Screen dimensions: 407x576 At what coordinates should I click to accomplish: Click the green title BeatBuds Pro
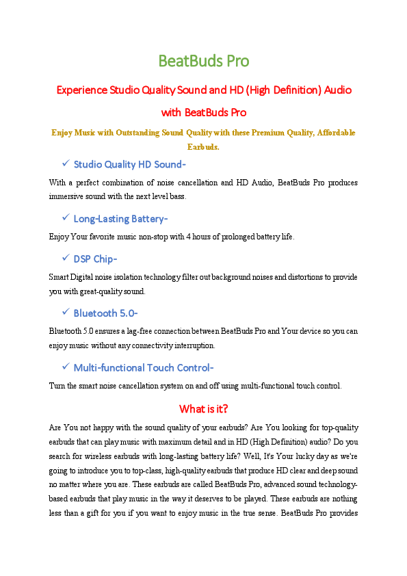coord(203,61)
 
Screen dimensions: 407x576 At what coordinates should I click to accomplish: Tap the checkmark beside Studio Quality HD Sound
coord(66,163)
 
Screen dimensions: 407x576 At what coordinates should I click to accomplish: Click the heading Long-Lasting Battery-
coord(120,218)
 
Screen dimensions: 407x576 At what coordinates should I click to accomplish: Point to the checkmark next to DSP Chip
coord(66,258)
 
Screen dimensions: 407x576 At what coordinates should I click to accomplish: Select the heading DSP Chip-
coord(95,259)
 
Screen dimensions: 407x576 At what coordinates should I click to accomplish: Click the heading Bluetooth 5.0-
coord(105,313)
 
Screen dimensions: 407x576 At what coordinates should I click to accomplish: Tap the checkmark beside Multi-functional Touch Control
coord(66,367)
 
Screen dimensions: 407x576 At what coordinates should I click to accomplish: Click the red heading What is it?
coord(203,409)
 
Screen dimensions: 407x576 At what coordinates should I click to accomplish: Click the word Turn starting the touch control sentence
coord(58,386)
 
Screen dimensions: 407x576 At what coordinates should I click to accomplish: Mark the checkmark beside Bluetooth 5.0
coord(66,313)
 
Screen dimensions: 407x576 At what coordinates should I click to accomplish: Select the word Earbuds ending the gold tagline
coord(202,146)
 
